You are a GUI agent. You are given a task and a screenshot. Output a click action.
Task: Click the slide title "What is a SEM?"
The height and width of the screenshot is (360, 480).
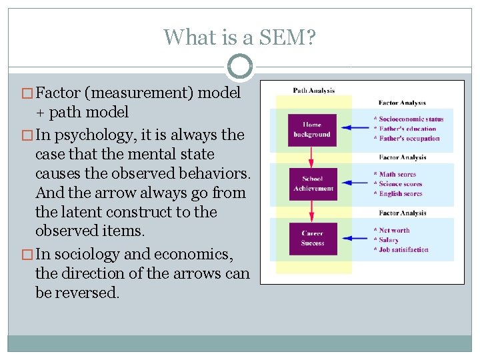[x=239, y=37]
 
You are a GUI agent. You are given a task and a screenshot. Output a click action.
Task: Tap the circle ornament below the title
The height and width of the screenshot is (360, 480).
[x=239, y=67]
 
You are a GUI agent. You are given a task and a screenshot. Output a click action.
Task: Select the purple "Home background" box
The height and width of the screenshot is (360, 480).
[x=312, y=130]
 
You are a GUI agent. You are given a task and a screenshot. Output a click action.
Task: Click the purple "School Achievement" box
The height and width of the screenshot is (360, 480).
[x=312, y=184]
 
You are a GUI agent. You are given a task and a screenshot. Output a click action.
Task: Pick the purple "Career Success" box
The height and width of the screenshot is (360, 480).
[x=312, y=239]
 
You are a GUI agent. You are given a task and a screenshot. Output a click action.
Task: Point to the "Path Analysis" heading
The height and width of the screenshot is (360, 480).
[x=314, y=91]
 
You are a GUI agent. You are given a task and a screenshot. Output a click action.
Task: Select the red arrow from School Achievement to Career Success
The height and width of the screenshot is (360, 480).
[x=312, y=211]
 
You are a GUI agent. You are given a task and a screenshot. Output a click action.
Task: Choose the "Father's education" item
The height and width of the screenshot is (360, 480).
[x=407, y=129]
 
